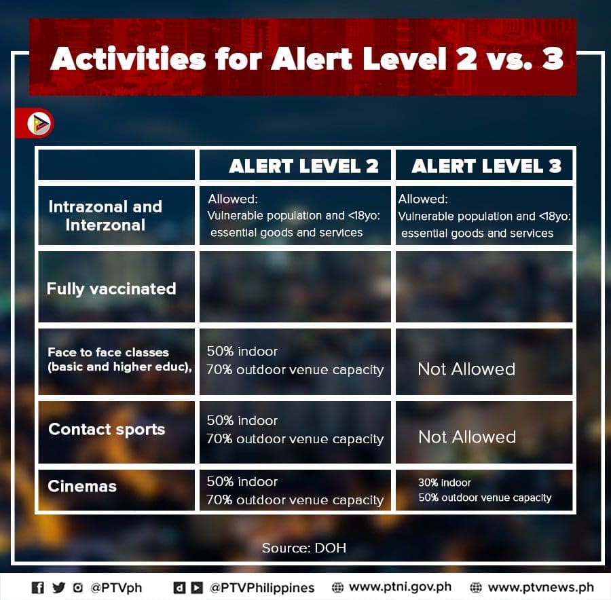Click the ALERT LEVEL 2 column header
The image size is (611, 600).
303,166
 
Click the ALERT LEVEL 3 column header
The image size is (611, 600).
486,166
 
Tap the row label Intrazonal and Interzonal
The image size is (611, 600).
105,215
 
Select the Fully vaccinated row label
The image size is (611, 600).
111,289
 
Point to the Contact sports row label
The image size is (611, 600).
107,430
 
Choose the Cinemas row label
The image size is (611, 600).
82,486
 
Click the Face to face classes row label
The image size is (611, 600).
119,359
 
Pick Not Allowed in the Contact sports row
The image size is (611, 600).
467,437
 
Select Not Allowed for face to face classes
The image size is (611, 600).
466,369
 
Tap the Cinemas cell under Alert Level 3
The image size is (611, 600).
485,490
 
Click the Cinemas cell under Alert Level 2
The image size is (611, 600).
295,491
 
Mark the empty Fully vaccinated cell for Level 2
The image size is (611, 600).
295,286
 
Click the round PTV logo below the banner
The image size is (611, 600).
39,124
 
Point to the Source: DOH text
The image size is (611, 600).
304,548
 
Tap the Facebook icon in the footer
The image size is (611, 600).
38,588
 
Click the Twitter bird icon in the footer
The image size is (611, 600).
59,588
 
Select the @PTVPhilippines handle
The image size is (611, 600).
262,588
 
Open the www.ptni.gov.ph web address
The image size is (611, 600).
400,587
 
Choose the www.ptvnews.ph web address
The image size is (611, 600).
541,587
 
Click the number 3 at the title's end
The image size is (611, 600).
553,58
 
